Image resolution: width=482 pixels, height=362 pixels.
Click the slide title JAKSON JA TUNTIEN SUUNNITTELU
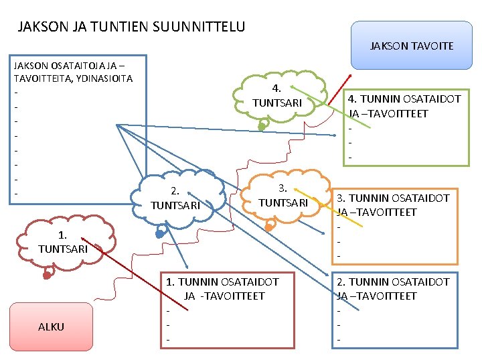[x=131, y=27]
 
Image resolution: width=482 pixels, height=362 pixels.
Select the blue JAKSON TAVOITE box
[x=412, y=46]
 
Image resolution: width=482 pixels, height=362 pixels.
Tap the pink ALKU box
[x=52, y=326]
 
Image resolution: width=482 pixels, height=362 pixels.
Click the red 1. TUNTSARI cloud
[x=62, y=242]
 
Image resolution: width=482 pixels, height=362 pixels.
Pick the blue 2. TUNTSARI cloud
[x=176, y=198]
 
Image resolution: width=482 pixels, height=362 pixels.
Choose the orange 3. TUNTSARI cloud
[x=283, y=195]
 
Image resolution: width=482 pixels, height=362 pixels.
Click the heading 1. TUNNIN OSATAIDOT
[x=222, y=282]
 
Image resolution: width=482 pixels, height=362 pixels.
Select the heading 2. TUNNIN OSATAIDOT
[x=393, y=282]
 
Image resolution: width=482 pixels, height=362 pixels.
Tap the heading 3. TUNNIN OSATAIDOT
[x=393, y=198]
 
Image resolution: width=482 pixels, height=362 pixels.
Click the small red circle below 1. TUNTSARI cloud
[x=47, y=274]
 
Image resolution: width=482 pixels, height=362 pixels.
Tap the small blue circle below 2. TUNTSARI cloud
[x=160, y=234]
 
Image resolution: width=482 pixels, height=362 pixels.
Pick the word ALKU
[x=52, y=326]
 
